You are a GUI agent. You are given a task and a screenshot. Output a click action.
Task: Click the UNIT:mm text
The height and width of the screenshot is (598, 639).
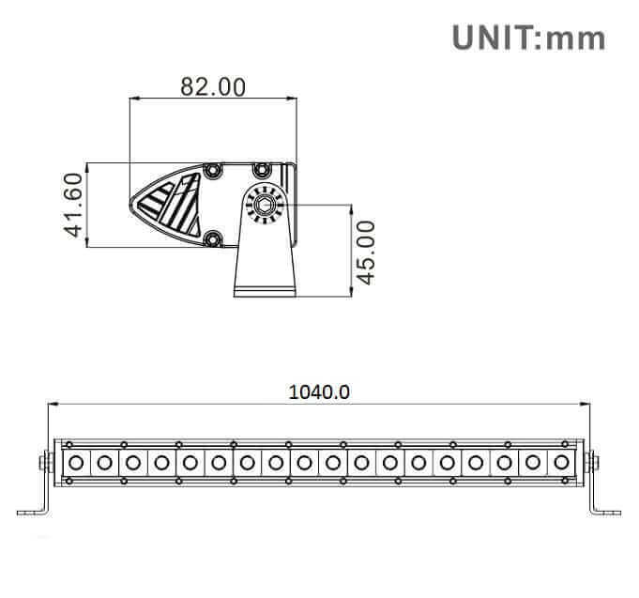528,38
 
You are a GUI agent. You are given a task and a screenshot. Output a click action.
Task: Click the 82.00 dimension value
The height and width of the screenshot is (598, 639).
213,86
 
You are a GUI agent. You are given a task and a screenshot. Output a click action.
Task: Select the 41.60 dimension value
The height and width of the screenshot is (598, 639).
75,205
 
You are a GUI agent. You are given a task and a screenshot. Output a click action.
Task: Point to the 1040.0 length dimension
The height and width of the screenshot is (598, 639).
319,391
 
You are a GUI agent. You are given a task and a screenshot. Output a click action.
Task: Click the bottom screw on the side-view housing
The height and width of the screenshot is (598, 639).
214,238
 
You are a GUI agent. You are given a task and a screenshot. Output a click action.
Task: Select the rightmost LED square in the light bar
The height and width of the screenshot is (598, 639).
562,461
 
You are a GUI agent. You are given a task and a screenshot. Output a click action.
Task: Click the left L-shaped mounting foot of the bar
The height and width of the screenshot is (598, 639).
34,502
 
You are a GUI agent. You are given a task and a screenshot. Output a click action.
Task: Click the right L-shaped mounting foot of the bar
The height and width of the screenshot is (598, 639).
605,502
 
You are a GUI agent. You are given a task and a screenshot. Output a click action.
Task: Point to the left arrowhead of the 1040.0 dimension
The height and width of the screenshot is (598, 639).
52,405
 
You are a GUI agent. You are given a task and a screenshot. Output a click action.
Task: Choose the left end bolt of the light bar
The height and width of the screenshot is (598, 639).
43,462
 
